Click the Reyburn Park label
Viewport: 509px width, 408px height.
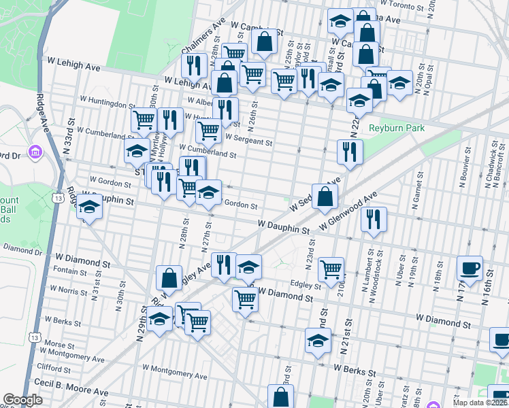tap(397, 128)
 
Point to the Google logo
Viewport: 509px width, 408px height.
tap(22, 400)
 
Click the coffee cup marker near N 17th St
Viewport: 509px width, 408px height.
tap(470, 267)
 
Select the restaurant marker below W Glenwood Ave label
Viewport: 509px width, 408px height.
tap(373, 218)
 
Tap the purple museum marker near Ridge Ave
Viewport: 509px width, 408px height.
tap(33, 150)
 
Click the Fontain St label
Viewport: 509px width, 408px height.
tap(69, 270)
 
